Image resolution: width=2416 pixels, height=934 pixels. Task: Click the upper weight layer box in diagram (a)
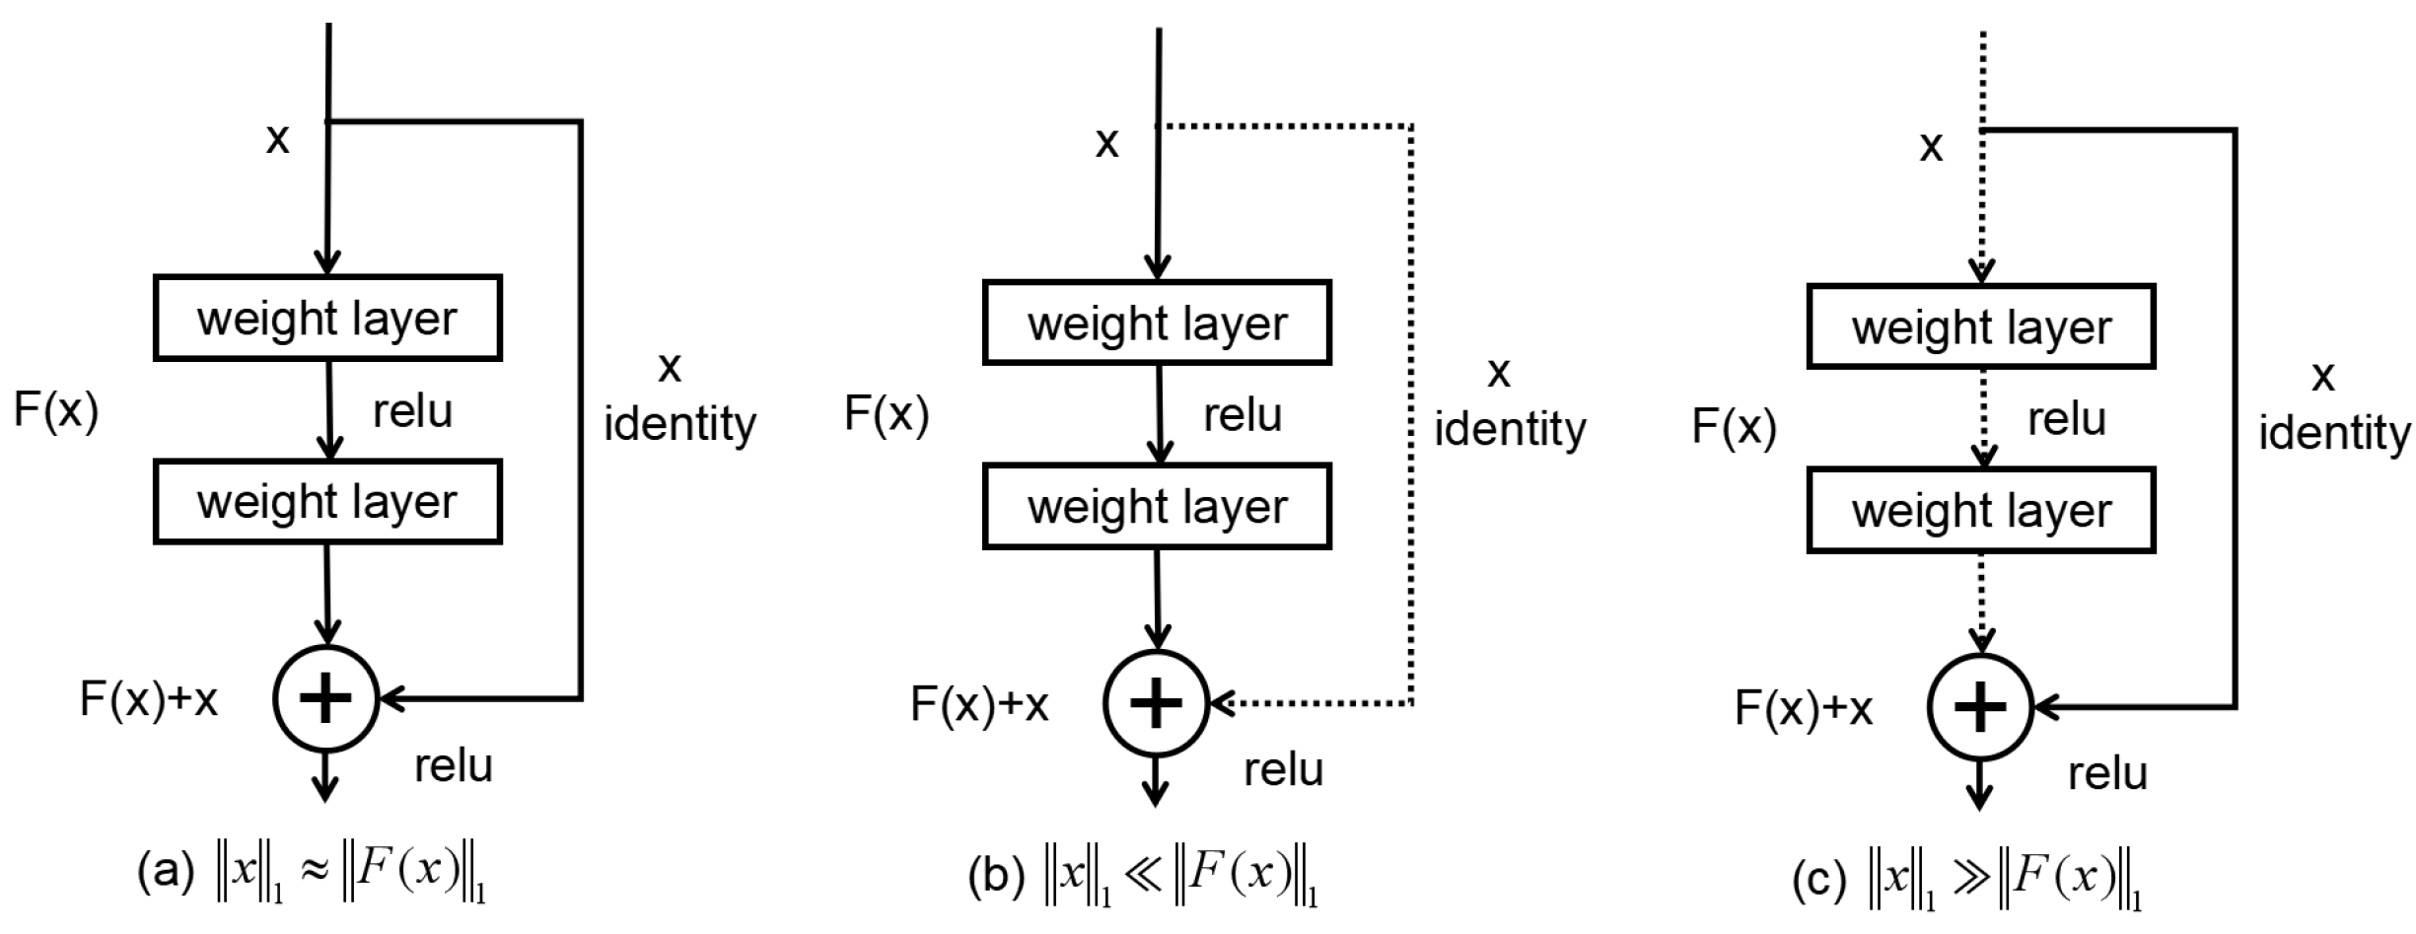327,318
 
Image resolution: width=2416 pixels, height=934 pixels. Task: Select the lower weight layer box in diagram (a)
327,501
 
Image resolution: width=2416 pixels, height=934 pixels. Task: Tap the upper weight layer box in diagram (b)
1157,323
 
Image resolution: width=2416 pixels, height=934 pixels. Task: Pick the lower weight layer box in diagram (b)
1157,506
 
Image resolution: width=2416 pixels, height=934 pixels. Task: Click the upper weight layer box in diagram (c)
1981,326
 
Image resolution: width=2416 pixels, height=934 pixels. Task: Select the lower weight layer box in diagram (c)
1981,510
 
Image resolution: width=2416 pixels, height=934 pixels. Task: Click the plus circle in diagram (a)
325,699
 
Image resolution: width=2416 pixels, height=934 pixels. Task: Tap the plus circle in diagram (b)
1156,703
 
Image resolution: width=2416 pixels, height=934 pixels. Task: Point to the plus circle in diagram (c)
1980,707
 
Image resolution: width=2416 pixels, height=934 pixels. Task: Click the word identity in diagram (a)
679,424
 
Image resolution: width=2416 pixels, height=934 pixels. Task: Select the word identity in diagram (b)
1510,429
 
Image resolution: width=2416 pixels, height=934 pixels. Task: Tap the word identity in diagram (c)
2334,433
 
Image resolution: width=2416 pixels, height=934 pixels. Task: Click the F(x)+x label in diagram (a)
149,699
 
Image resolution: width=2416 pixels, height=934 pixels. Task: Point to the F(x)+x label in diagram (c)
1804,708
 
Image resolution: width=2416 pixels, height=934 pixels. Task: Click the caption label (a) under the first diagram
166,873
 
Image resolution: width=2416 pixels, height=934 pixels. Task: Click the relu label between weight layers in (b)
1243,416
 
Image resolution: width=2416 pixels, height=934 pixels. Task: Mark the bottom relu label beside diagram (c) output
2107,774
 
